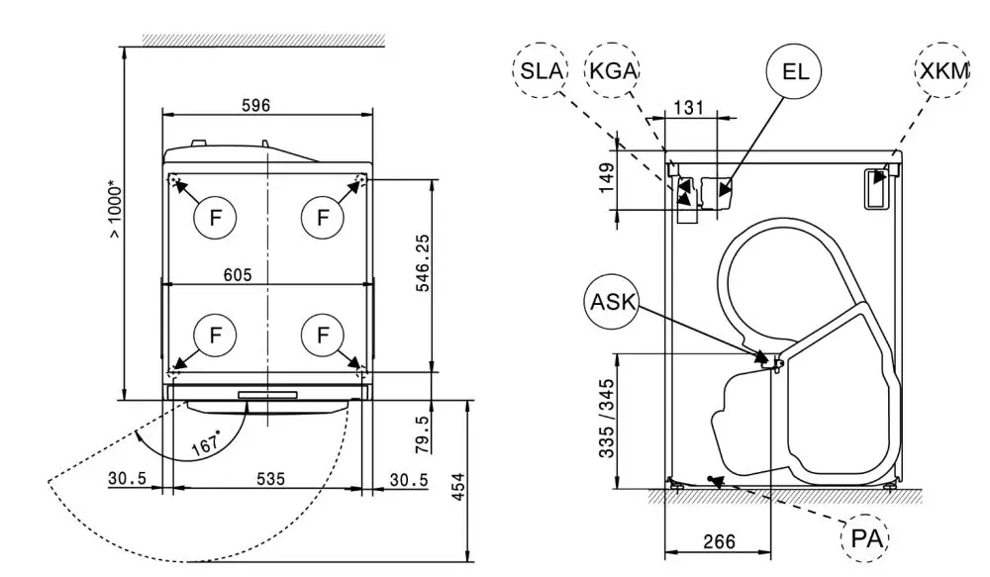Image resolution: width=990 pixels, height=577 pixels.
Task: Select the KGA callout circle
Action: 613,70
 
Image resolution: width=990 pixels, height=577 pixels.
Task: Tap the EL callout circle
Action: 795,70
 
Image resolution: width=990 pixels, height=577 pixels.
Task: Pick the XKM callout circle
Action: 942,70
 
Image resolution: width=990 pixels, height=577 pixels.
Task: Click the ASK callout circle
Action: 613,301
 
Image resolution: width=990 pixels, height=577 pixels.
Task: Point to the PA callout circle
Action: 864,540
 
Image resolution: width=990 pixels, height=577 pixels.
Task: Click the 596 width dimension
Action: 254,105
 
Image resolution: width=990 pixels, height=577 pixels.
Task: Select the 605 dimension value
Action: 238,274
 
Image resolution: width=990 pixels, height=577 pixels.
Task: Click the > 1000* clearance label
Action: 116,210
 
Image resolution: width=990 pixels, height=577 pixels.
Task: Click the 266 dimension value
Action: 719,541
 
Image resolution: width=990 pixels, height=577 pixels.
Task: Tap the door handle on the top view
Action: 267,395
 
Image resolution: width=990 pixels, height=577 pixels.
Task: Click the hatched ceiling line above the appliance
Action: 262,40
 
